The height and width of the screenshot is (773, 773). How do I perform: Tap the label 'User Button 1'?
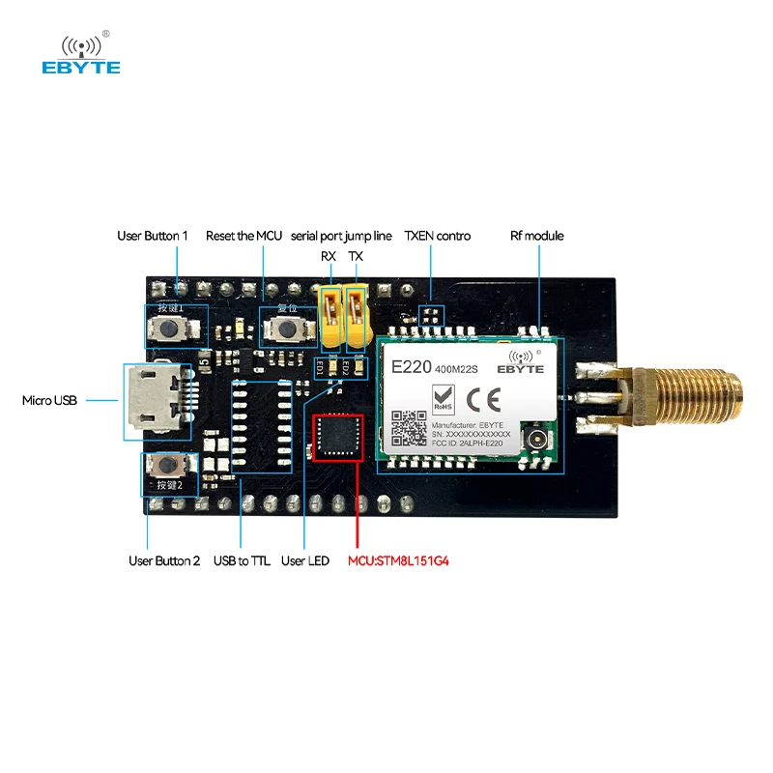[x=153, y=236]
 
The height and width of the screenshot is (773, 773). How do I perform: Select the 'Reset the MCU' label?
[x=243, y=236]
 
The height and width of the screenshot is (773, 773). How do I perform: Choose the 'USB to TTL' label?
[x=241, y=560]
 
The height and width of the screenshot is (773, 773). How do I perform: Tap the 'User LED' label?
[x=304, y=560]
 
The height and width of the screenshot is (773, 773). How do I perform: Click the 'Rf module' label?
[x=536, y=236]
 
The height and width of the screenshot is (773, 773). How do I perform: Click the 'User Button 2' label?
[x=164, y=560]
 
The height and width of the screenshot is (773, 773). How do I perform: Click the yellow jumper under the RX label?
[x=331, y=316]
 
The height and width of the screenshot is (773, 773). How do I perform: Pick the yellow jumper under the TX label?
[x=357, y=316]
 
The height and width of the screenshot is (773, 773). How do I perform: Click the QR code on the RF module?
[x=408, y=426]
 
